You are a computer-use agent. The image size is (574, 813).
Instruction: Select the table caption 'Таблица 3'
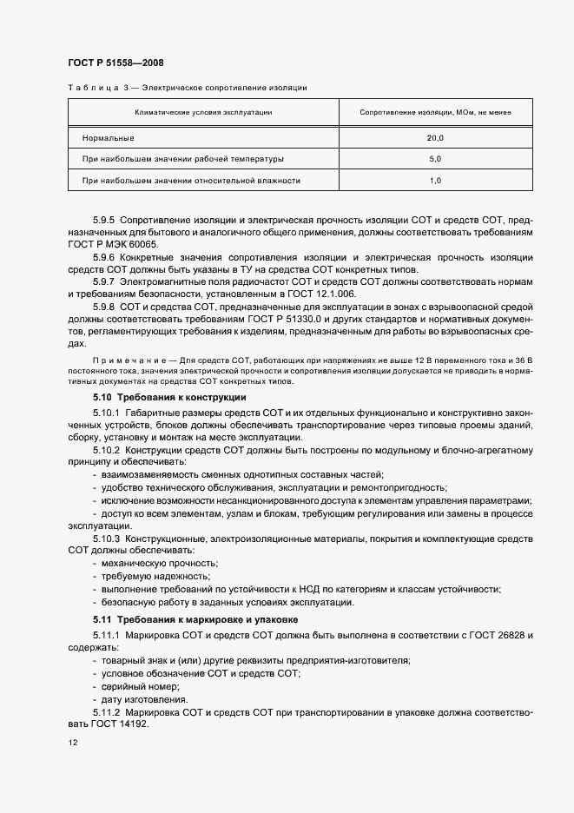[91, 88]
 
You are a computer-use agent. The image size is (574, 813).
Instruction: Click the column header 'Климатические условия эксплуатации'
[203, 113]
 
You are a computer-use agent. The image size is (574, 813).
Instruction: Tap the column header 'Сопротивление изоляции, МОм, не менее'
[435, 113]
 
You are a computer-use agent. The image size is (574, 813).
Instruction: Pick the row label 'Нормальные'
[109, 138]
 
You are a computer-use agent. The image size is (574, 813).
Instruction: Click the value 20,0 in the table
[435, 138]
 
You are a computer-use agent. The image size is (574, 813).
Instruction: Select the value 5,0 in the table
[435, 159]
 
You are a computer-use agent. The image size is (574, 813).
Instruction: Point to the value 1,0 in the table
[435, 181]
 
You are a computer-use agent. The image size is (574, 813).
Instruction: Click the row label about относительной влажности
[191, 181]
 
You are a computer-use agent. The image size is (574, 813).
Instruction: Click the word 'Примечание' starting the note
[122, 358]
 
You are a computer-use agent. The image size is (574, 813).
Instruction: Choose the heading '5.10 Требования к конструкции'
[169, 397]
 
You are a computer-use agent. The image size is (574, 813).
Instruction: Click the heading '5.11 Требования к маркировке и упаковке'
[195, 620]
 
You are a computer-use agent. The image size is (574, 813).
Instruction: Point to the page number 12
[72, 744]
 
